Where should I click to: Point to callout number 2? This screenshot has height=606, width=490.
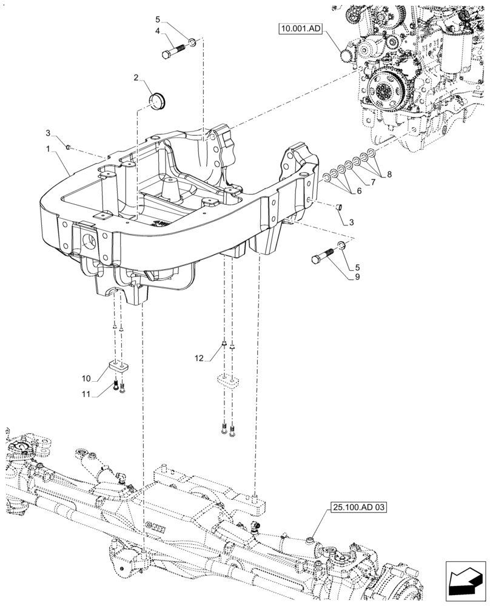pyautogui.click(x=137, y=77)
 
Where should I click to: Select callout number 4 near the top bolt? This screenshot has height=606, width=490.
pyautogui.click(x=157, y=30)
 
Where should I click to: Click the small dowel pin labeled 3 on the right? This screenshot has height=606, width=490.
pyautogui.click(x=340, y=207)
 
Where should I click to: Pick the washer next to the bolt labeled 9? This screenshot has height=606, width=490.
pyautogui.click(x=341, y=245)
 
